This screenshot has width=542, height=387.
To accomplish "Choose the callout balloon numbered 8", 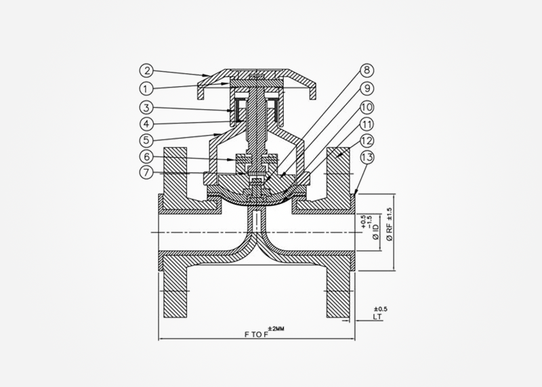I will coord(366,70).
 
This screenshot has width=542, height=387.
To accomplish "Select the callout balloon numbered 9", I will coord(366,88).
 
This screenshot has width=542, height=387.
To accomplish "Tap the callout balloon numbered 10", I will coord(366,106).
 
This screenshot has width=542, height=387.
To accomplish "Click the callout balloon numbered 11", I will coord(366,124).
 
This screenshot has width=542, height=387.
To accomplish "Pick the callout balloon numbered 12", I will coord(366,141).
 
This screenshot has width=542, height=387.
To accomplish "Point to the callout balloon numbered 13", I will coord(366,159).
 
